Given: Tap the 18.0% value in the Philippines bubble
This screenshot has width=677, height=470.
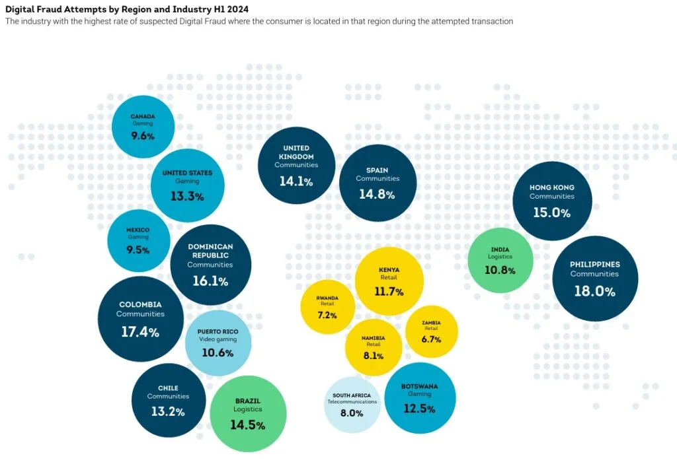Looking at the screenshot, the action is click(x=594, y=292).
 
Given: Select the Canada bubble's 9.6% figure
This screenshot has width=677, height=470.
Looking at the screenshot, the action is click(x=143, y=136).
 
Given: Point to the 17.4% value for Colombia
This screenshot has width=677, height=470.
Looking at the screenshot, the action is click(x=140, y=332).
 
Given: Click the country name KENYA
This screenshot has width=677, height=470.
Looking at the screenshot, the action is click(x=389, y=270).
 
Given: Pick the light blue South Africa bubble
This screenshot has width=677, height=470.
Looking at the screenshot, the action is click(x=352, y=405).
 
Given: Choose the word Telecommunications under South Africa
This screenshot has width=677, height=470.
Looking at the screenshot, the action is click(x=352, y=402).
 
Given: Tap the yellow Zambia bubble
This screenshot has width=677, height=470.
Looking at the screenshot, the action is click(x=431, y=331).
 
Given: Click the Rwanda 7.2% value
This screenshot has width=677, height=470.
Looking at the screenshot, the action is click(x=327, y=315).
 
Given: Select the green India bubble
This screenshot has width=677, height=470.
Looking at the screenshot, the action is click(x=500, y=261).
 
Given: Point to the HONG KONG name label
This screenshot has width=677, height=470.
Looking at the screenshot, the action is click(x=552, y=187).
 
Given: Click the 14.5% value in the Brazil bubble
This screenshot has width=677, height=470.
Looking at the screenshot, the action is click(x=247, y=425).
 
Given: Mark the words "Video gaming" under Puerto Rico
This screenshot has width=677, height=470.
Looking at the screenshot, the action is click(x=218, y=339).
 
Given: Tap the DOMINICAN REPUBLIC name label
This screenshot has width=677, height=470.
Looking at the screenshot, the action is click(x=210, y=251).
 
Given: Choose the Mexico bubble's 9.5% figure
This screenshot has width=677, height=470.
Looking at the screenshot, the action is click(x=138, y=250).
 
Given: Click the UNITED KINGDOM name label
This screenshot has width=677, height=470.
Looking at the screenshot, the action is click(x=296, y=152).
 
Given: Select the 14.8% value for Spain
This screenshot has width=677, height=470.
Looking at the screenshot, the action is click(x=377, y=195).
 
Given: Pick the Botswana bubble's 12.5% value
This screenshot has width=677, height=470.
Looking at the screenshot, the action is click(x=419, y=409).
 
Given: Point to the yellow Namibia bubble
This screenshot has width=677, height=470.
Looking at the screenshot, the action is click(x=374, y=347).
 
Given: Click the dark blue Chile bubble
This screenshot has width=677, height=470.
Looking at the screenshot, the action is click(x=169, y=400).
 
